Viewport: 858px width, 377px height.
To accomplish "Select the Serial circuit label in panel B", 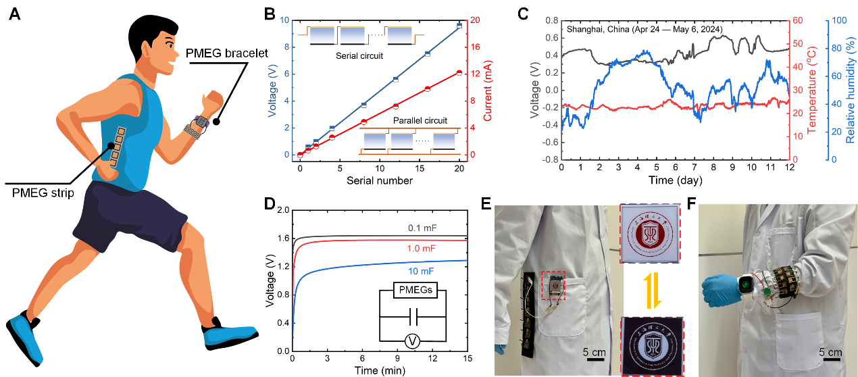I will click(x=359, y=56).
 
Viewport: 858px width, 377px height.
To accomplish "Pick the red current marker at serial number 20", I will click(x=459, y=72).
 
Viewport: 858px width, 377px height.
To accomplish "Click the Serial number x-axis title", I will click(x=380, y=180).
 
